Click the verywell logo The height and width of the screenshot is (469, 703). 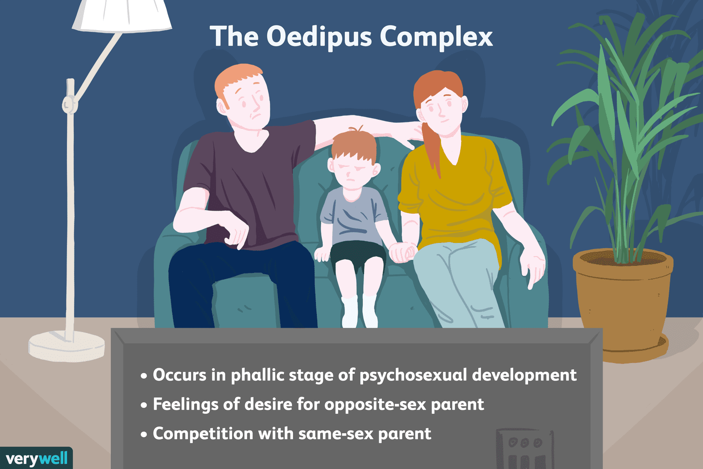[37, 458]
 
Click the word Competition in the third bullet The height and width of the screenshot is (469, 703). [203, 434]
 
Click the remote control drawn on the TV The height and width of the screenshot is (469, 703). [525, 448]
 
